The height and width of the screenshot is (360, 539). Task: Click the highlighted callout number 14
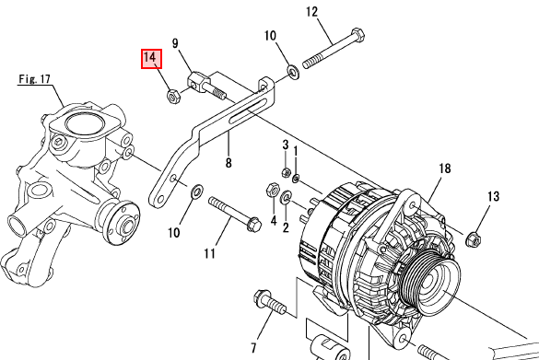pyautogui.click(x=151, y=58)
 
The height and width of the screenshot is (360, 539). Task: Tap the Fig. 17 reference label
pyautogui.click(x=34, y=79)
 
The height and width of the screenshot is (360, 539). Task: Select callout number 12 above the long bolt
pyautogui.click(x=311, y=12)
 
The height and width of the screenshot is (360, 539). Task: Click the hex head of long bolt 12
pyautogui.click(x=357, y=35)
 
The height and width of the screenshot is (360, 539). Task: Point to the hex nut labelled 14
pyautogui.click(x=172, y=96)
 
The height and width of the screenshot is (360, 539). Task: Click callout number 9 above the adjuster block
pyautogui.click(x=175, y=43)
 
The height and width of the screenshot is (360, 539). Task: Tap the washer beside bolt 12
pyautogui.click(x=293, y=72)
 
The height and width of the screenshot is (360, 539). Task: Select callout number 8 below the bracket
pyautogui.click(x=228, y=162)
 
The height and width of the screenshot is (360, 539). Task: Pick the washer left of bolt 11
pyautogui.click(x=197, y=191)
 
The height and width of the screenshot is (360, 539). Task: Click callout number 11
pyautogui.click(x=209, y=254)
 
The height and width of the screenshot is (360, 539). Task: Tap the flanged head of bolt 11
pyautogui.click(x=253, y=224)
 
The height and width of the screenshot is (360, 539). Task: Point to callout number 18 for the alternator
pyautogui.click(x=444, y=168)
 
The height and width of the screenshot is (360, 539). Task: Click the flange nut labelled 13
pyautogui.click(x=473, y=239)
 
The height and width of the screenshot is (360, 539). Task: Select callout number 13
pyautogui.click(x=493, y=196)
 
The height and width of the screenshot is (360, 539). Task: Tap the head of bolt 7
pyautogui.click(x=263, y=298)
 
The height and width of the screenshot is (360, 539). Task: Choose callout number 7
pyautogui.click(x=253, y=348)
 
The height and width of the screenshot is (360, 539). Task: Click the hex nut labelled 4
pyautogui.click(x=272, y=190)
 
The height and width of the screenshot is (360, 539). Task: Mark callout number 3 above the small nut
pyautogui.click(x=286, y=145)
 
